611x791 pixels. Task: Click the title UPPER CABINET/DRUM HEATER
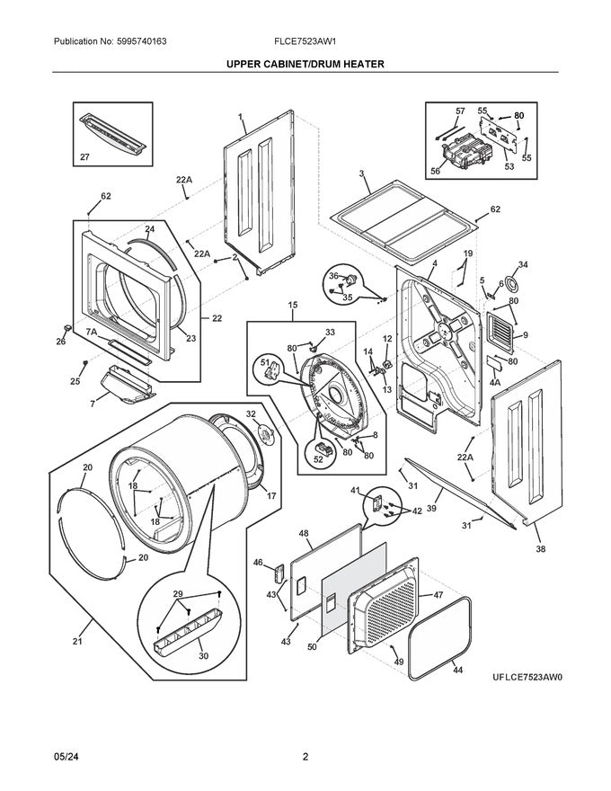click(305, 65)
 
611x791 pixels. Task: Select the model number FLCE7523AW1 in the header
click(305, 42)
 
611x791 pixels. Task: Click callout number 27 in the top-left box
click(85, 157)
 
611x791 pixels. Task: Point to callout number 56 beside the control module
click(435, 171)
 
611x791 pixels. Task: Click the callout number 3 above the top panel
click(360, 173)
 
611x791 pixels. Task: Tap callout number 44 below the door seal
click(457, 671)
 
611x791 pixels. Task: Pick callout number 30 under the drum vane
click(203, 655)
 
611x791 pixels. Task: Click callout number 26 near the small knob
click(61, 341)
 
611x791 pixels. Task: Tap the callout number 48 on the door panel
click(304, 533)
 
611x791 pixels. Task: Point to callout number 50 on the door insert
click(312, 646)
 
